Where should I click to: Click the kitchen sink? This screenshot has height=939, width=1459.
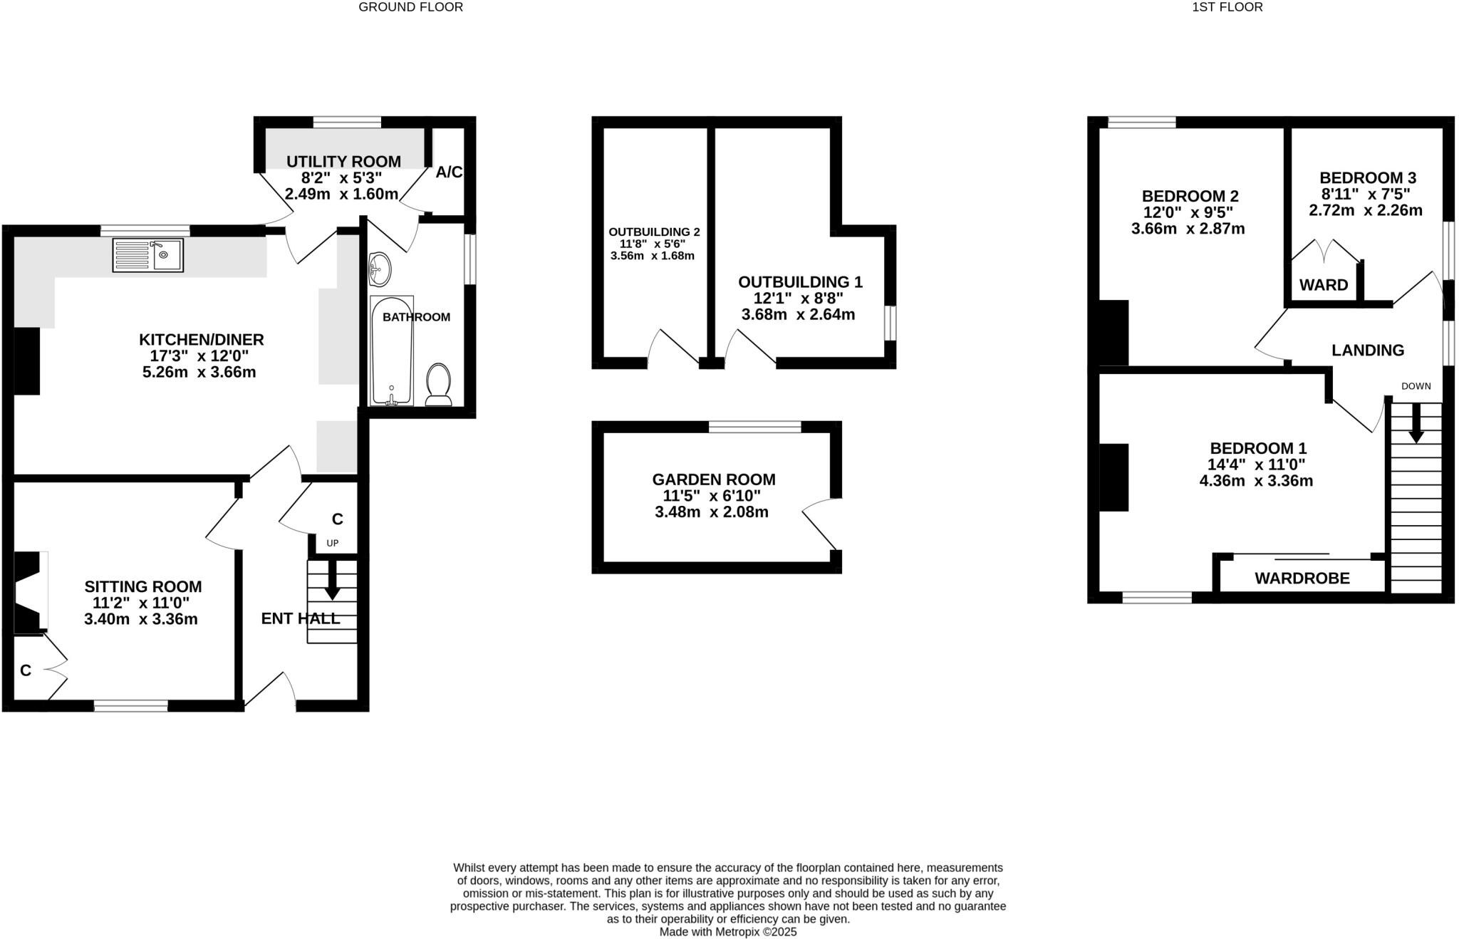tap(148, 255)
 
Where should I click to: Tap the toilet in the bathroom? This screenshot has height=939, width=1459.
tap(438, 385)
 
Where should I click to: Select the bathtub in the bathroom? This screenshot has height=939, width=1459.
tap(391, 351)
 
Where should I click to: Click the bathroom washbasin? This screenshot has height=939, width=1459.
tap(380, 269)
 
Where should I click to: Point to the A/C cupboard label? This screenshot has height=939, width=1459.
tap(449, 172)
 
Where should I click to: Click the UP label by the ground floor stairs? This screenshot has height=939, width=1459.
tap(333, 543)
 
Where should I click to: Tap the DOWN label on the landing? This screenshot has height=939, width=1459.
tap(1416, 386)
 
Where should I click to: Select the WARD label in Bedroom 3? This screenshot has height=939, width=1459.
tap(1324, 286)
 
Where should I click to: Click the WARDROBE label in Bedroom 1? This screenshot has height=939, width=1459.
tap(1302, 579)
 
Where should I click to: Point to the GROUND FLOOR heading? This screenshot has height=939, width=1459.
tap(410, 7)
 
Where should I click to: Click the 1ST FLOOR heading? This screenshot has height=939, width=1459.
tap(1237, 7)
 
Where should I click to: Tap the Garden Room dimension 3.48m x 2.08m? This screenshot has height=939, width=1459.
tap(712, 512)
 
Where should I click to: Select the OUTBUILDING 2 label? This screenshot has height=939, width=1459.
tap(654, 232)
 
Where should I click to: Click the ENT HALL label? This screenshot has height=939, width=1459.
tap(300, 618)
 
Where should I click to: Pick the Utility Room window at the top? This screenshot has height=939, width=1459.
tap(347, 122)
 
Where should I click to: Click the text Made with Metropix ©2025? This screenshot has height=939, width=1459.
tap(727, 932)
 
